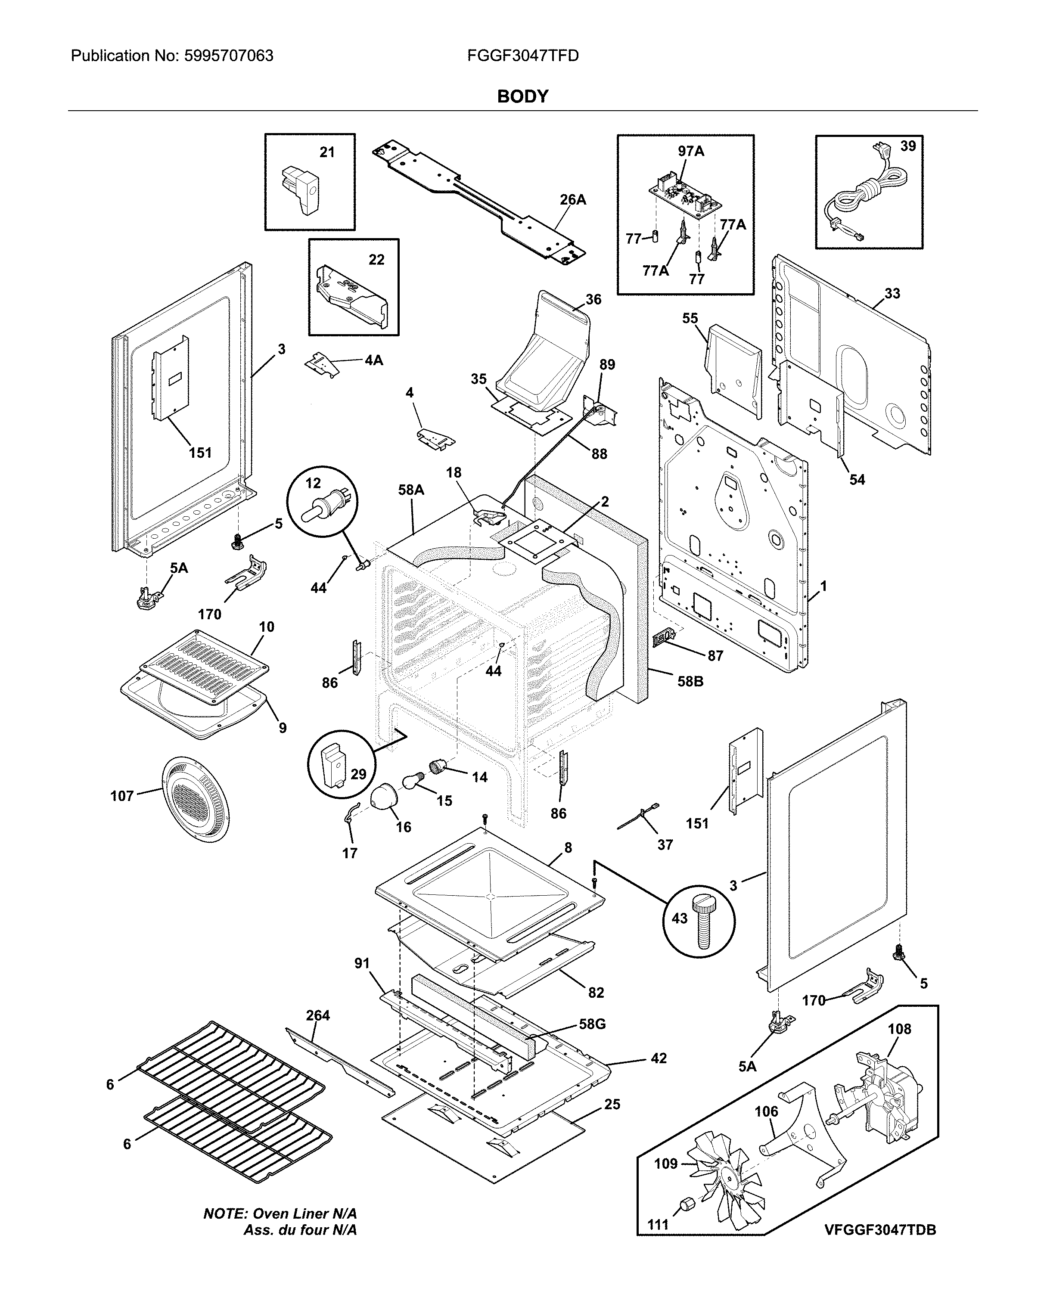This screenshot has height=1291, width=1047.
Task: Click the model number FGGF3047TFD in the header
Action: tap(522, 56)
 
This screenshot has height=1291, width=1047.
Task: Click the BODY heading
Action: tap(522, 96)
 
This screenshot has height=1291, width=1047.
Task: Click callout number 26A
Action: tap(572, 199)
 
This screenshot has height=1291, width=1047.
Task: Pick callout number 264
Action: tap(318, 1015)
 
